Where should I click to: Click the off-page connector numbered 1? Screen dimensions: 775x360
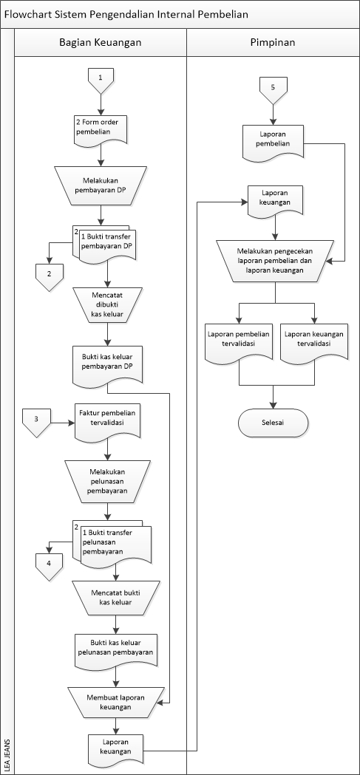click(x=101, y=78)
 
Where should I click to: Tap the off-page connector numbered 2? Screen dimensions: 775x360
click(x=50, y=274)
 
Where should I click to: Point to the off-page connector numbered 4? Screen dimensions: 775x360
click(x=50, y=564)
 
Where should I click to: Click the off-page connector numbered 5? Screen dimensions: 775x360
click(x=273, y=88)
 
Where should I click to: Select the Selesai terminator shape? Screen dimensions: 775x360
click(x=273, y=423)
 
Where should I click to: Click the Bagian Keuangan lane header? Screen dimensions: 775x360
click(x=101, y=43)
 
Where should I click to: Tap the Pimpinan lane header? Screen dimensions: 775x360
click(x=273, y=43)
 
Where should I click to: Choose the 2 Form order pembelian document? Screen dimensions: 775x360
click(x=101, y=128)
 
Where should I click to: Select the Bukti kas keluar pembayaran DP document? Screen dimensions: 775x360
click(x=109, y=363)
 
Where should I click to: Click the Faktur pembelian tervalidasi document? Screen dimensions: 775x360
click(x=108, y=420)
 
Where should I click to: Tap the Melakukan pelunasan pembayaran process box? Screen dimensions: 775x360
click(x=108, y=479)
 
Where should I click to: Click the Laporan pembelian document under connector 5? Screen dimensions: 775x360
click(x=273, y=138)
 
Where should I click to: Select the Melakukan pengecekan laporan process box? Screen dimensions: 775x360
click(x=275, y=261)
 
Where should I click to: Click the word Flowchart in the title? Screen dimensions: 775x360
click(x=29, y=14)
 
